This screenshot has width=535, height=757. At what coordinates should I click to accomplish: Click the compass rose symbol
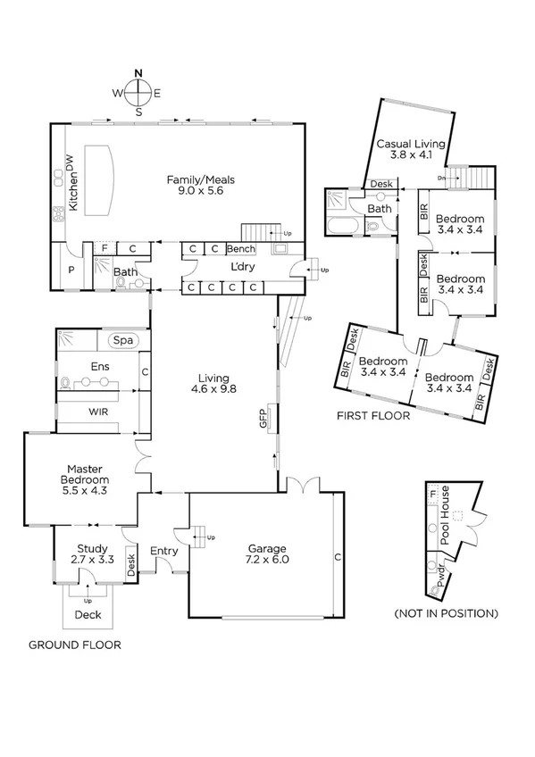[138, 91]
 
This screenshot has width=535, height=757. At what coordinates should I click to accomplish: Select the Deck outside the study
[88, 614]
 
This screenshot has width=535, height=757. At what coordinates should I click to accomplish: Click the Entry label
[163, 551]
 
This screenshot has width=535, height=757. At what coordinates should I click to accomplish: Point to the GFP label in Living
[264, 419]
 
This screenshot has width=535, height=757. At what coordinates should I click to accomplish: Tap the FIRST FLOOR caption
[372, 416]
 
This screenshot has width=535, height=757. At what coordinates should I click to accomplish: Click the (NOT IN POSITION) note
[446, 613]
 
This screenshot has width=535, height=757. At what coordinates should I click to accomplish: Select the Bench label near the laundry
[241, 249]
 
